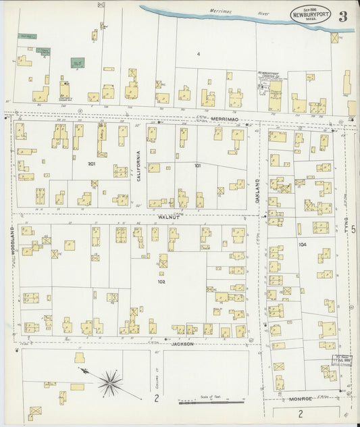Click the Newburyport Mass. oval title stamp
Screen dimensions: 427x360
pos(311,15)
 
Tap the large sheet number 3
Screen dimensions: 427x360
pos(343,16)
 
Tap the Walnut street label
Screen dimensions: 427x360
pos(168,216)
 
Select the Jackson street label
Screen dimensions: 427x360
pos(182,344)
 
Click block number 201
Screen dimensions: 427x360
pos(92,164)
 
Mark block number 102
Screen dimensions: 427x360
pos(161,282)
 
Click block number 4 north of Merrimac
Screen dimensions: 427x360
pos(199,53)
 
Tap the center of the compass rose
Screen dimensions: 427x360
pos(109,383)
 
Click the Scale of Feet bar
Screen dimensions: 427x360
pos(211,403)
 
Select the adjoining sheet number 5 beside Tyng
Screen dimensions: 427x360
pos(353,231)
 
